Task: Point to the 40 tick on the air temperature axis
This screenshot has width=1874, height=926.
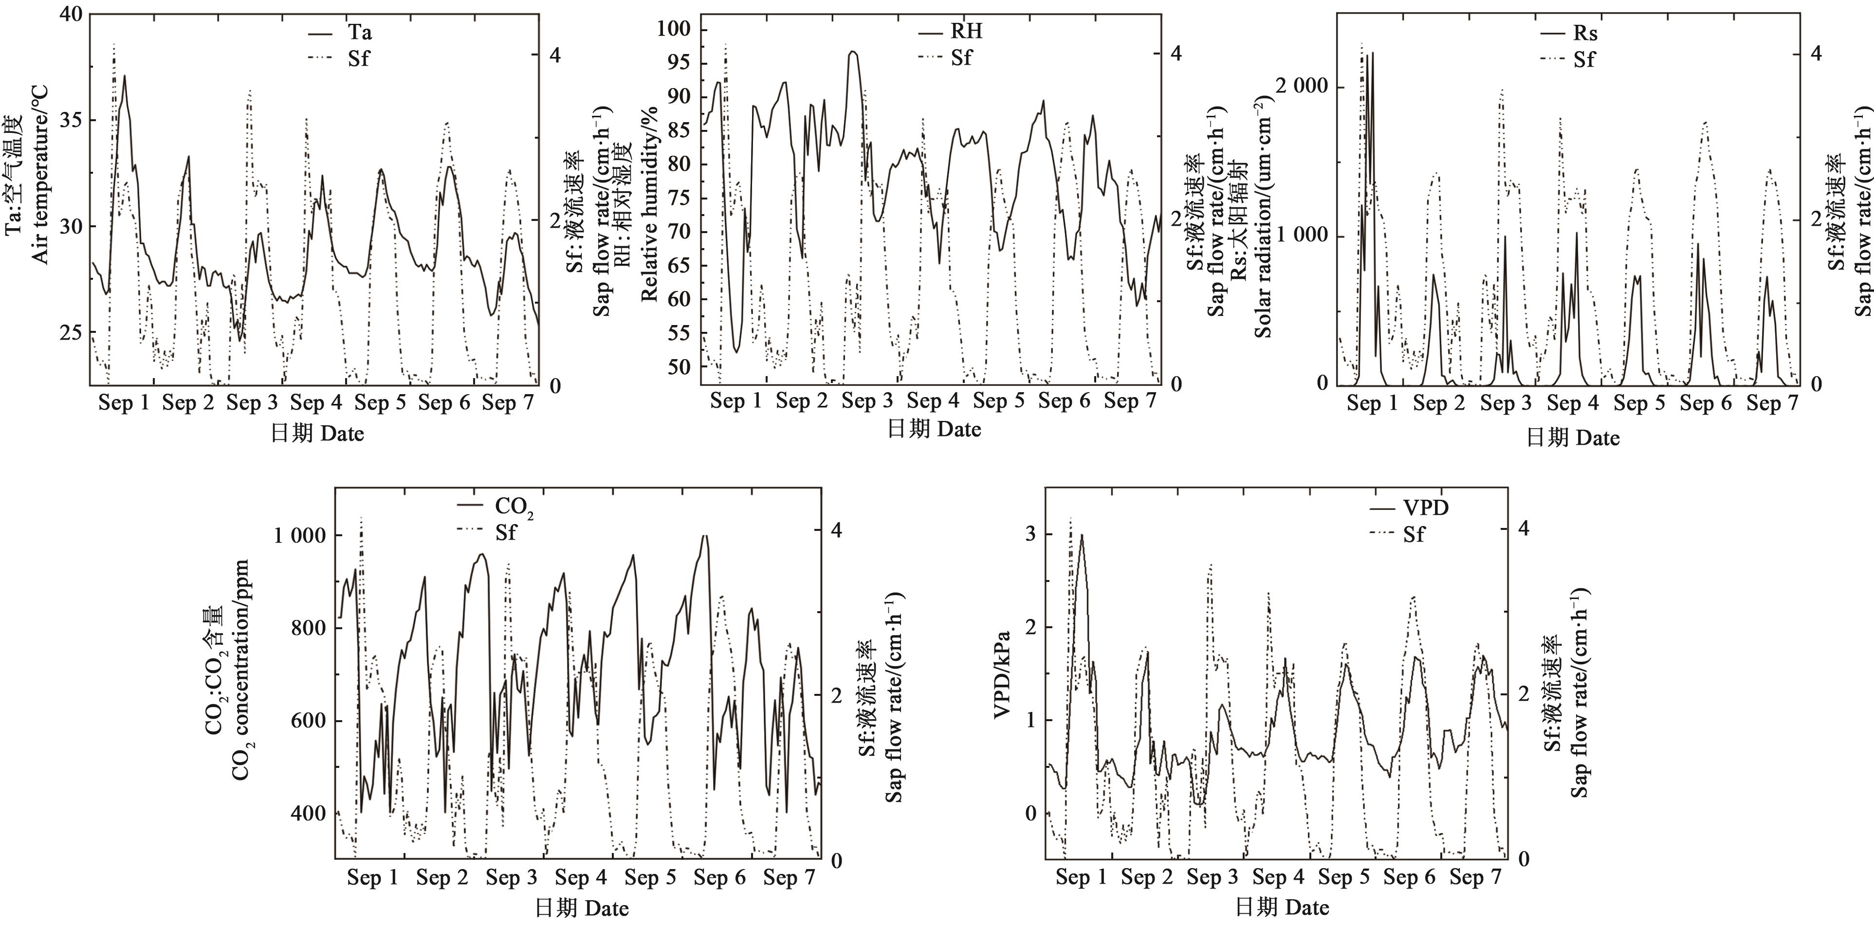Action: pyautogui.click(x=72, y=14)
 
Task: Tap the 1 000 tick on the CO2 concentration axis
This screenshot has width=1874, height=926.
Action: pyautogui.click(x=300, y=535)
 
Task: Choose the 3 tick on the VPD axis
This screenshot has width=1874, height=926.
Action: pyautogui.click(x=1030, y=534)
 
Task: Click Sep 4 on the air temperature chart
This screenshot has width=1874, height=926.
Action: pyautogui.click(x=316, y=402)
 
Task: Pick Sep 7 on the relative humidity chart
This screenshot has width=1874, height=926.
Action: pyautogui.click(x=1130, y=400)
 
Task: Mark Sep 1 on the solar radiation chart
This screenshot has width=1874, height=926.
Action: pyautogui.click(x=1372, y=402)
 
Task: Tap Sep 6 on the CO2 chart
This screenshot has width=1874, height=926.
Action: pyautogui.click(x=719, y=877)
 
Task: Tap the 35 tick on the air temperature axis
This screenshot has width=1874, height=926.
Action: pyautogui.click(x=72, y=120)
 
